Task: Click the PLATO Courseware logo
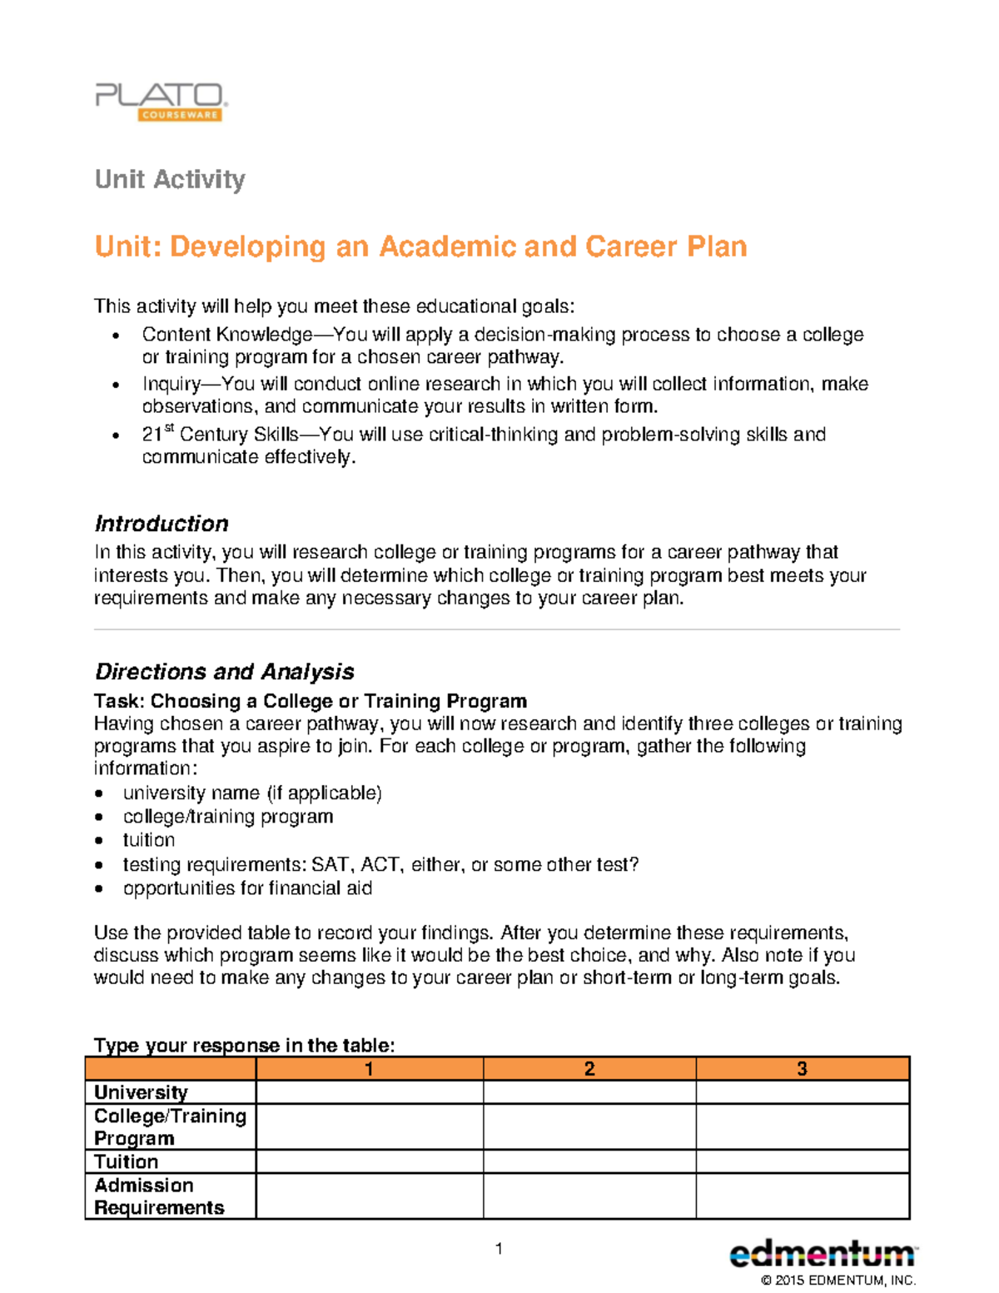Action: tap(161, 102)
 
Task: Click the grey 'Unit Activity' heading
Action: tap(170, 179)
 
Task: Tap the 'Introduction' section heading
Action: tap(162, 524)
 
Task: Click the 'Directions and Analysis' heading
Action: tap(224, 671)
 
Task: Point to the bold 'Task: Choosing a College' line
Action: tap(310, 701)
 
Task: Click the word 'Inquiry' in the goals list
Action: tap(171, 384)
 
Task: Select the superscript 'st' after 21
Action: tap(169, 428)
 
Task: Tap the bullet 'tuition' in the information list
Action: tap(149, 840)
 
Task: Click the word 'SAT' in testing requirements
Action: tap(330, 864)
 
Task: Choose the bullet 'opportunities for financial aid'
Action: tap(247, 888)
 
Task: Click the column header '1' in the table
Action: tap(369, 1068)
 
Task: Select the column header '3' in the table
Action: tap(802, 1068)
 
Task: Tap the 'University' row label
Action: tap(141, 1092)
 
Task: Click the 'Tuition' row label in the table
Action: tap(126, 1161)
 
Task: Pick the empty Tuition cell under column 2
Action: tap(589, 1161)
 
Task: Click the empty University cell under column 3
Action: tap(802, 1092)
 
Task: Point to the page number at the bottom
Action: tap(499, 1248)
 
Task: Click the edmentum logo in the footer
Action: tap(823, 1254)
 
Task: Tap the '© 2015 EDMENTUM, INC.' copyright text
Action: tap(837, 1281)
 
